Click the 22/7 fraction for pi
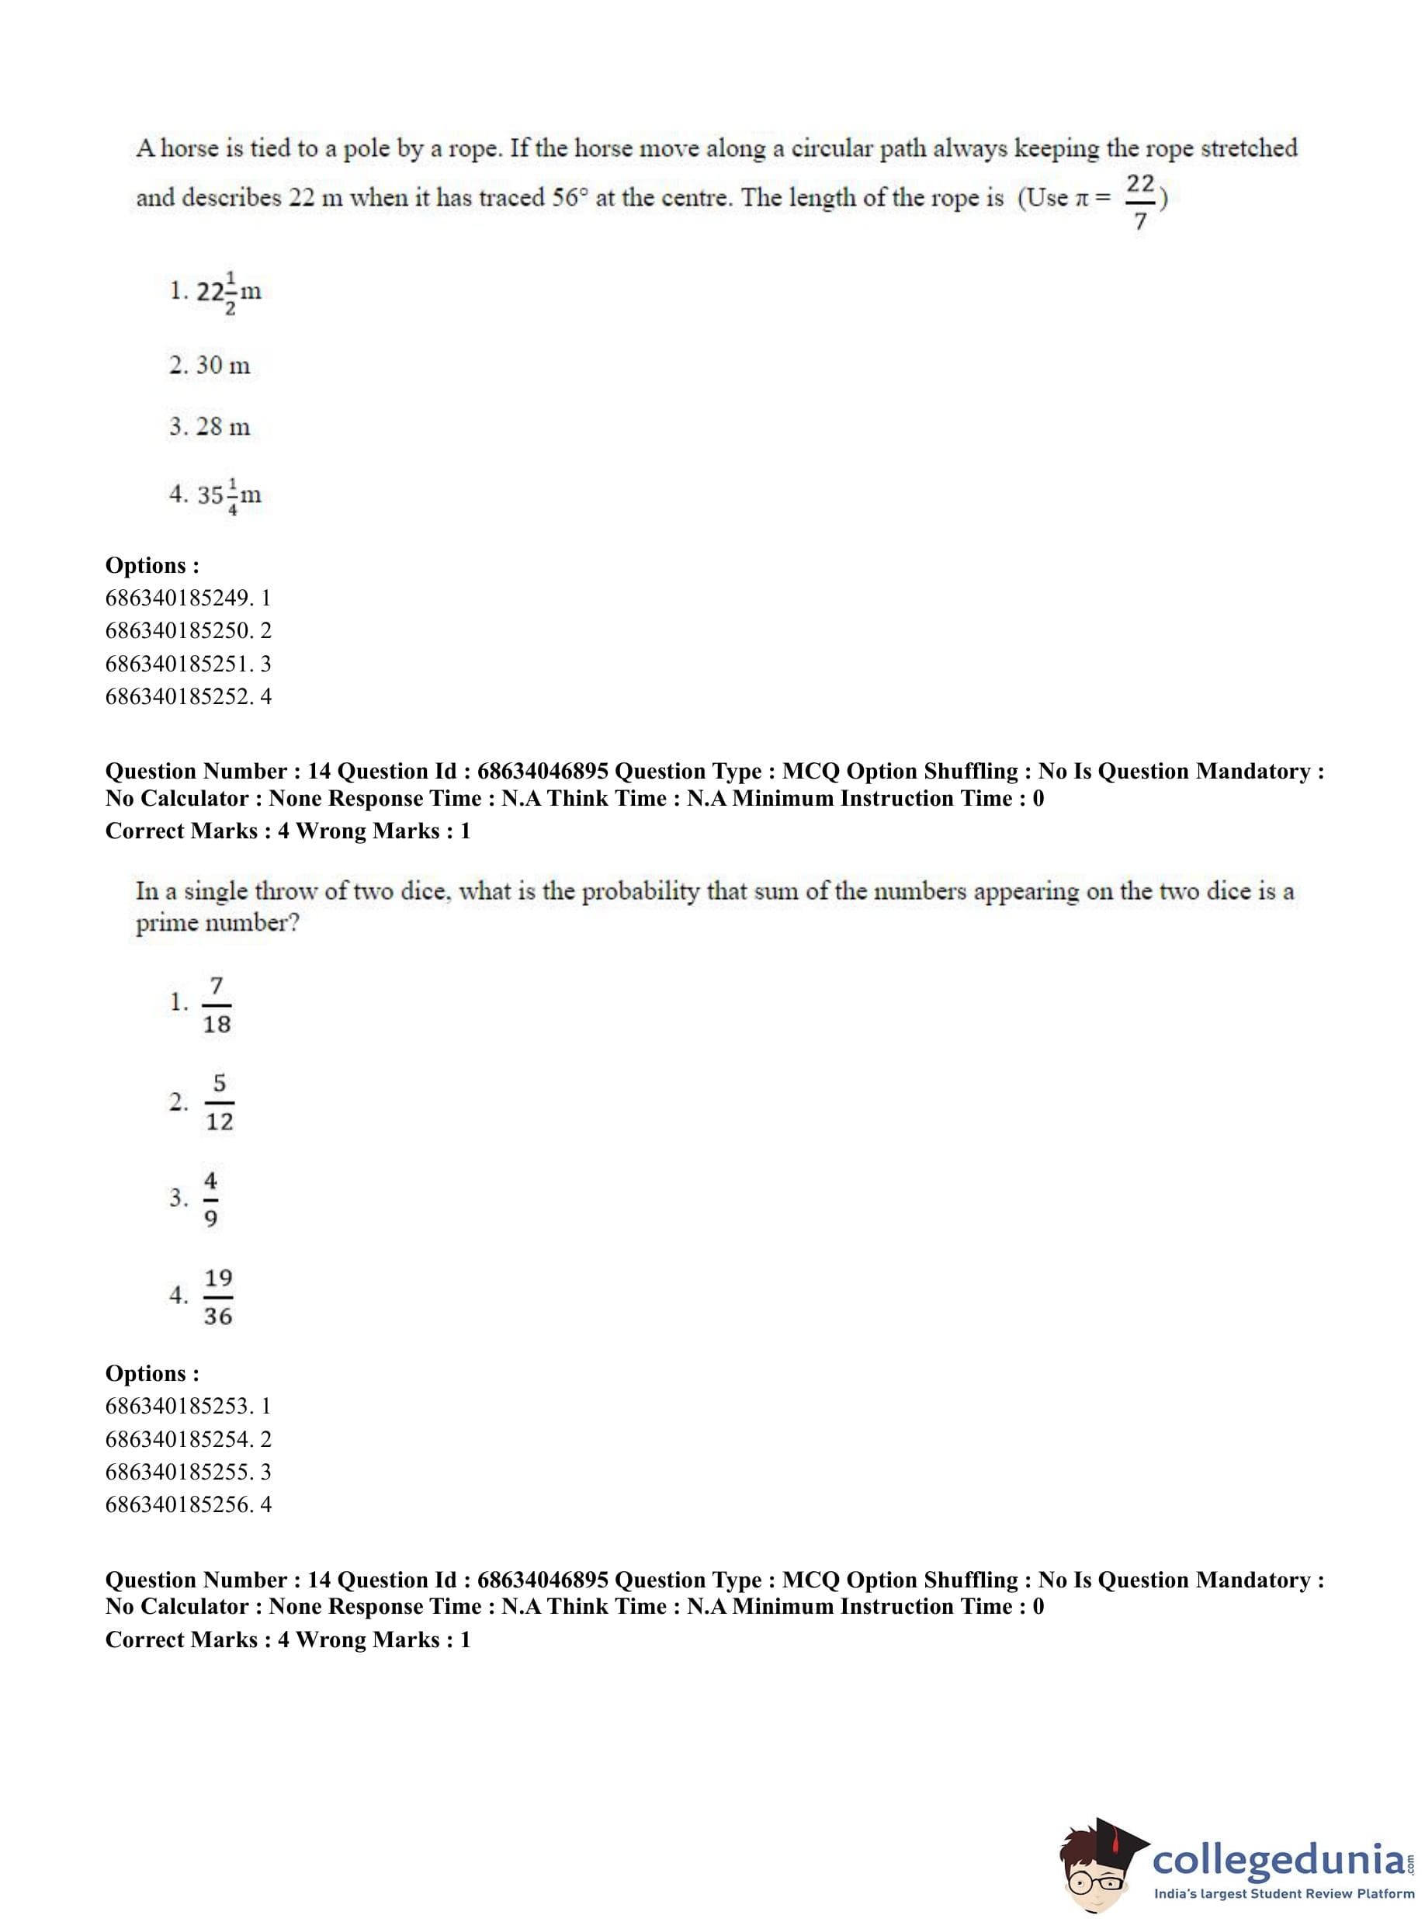[x=1139, y=202]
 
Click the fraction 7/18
[x=217, y=1004]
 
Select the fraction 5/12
[x=219, y=1102]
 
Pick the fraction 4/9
[x=210, y=1199]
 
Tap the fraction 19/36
[x=218, y=1296]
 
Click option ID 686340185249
[x=179, y=598]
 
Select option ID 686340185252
[x=179, y=696]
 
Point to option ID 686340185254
[x=179, y=1439]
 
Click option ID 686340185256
[x=179, y=1504]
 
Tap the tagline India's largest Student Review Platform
[x=1285, y=1893]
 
